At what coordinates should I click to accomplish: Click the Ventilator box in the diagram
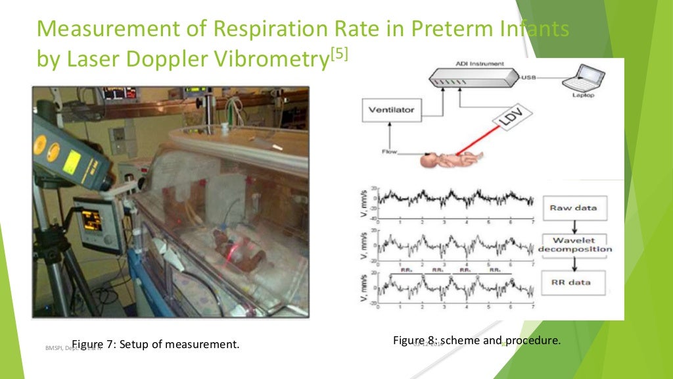click(x=391, y=110)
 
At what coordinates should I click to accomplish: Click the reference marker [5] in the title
click(x=339, y=55)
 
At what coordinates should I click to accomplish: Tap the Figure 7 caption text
click(x=155, y=344)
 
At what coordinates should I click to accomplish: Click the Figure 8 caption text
click(x=476, y=340)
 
